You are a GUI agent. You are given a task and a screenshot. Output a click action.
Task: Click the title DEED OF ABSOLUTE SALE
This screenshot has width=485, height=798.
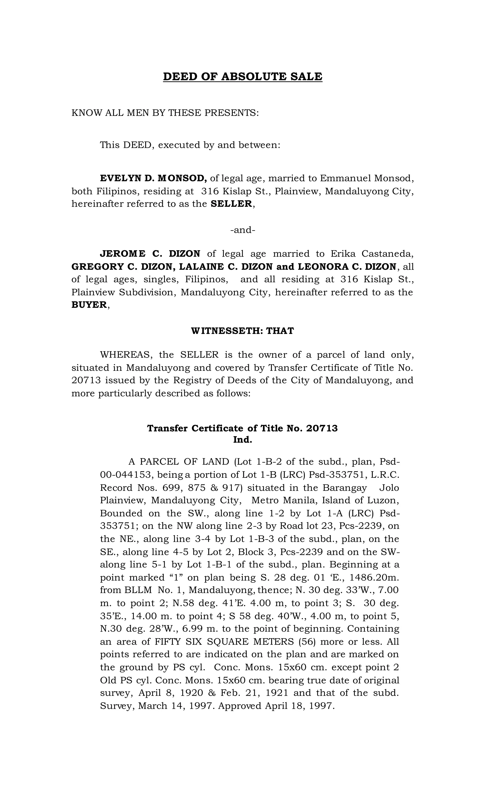coord(242,77)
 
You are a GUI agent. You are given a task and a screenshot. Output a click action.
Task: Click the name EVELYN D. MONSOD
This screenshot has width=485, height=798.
coord(153,178)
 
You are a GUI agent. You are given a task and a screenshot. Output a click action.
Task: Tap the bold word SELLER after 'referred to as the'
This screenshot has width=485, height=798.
coord(231,204)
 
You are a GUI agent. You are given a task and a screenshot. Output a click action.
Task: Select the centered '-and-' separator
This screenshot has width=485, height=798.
coord(242,230)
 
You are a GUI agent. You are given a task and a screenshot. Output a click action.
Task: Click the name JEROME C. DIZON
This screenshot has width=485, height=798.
coord(150,254)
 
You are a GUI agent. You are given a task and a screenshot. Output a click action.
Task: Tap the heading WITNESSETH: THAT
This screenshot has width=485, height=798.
coord(242,331)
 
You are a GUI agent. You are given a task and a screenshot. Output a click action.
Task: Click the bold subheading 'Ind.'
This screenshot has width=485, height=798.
coord(242,440)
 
